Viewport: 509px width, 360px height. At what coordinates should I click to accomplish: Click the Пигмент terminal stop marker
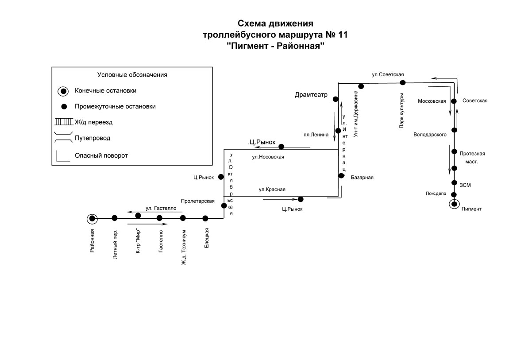click(x=454, y=204)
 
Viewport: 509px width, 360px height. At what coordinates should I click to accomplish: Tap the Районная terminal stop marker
click(x=92, y=219)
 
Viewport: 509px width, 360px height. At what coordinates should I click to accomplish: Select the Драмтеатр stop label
click(x=311, y=95)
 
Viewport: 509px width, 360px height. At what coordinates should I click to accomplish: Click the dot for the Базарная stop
click(x=341, y=176)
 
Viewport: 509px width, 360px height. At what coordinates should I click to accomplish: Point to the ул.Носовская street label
click(x=268, y=157)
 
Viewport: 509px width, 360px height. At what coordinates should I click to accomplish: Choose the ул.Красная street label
click(x=272, y=190)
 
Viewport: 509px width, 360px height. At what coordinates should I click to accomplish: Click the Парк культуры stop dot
click(x=402, y=83)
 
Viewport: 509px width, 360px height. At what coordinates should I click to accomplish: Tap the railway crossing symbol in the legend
click(x=64, y=122)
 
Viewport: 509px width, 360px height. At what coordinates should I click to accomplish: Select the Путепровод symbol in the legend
click(x=63, y=137)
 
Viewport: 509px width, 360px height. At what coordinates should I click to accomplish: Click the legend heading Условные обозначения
click(x=132, y=75)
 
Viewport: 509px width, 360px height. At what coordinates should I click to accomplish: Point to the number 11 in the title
click(x=343, y=35)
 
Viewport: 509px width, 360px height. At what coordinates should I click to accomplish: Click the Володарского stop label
click(x=430, y=135)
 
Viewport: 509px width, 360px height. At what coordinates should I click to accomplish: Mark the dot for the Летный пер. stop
click(x=115, y=218)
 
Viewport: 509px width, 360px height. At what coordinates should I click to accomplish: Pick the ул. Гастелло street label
click(x=161, y=209)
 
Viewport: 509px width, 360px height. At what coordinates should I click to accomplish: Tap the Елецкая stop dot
click(x=205, y=218)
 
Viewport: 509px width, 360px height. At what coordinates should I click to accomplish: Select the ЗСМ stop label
click(x=465, y=186)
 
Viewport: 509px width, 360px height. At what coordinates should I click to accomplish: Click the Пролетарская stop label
click(x=198, y=201)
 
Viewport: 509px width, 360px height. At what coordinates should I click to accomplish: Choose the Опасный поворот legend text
click(x=101, y=156)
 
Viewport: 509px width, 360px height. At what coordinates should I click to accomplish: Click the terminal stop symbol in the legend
click(x=63, y=91)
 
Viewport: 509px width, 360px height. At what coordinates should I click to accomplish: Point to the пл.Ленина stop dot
click(x=338, y=131)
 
